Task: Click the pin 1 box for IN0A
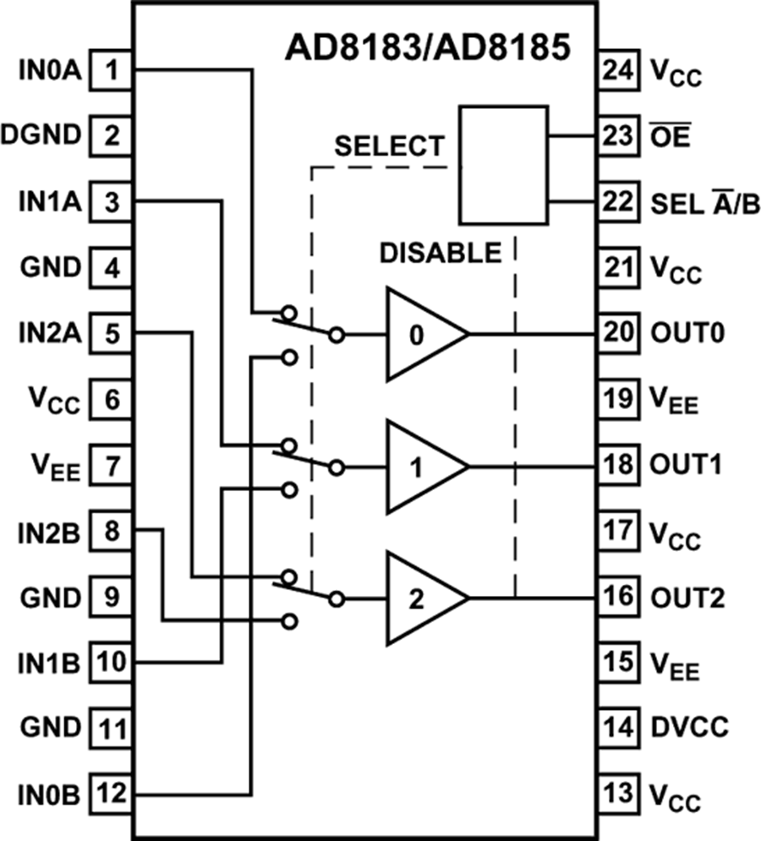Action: [110, 69]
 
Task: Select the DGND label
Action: [41, 135]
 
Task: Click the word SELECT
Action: [388, 146]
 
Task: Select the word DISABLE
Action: [441, 252]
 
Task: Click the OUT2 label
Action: [687, 598]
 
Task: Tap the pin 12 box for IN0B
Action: [110, 795]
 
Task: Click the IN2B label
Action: [41, 532]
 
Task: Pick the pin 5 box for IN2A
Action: [110, 332]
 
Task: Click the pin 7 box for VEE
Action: [110, 465]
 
